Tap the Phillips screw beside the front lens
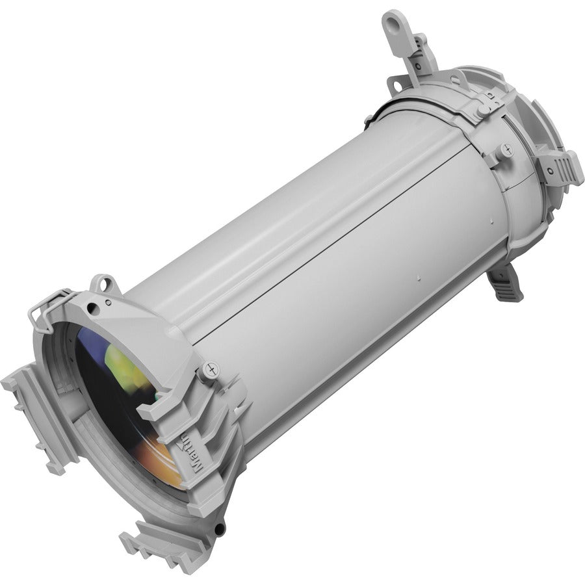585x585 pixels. coord(209,369)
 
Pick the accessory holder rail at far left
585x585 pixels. coord(32,416)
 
